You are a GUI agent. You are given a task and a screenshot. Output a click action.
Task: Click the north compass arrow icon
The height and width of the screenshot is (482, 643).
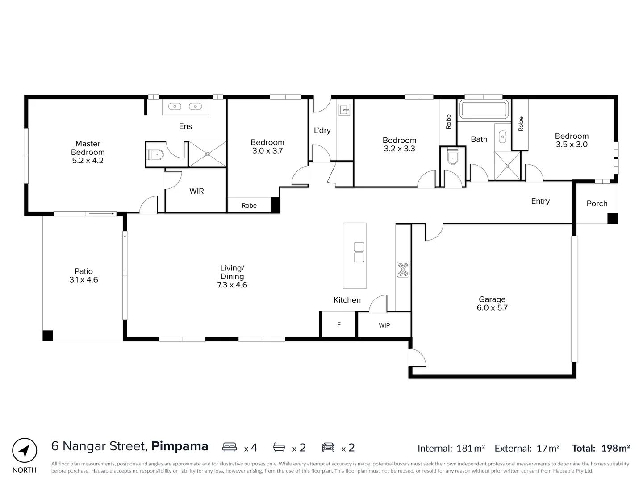coord(25,450)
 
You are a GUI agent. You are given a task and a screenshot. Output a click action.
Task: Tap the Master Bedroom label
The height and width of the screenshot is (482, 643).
coord(88,152)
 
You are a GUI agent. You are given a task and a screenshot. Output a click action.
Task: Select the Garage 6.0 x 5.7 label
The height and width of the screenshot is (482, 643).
coord(492,303)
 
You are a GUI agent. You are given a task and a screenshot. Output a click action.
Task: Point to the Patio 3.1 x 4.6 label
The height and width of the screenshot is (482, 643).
coord(84,275)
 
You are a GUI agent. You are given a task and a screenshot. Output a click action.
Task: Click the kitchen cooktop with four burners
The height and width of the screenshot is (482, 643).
coord(403,269)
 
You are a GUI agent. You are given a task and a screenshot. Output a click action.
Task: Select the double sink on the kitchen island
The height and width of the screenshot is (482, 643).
coord(359,252)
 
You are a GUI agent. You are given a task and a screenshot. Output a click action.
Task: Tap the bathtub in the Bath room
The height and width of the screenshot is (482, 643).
coord(484,110)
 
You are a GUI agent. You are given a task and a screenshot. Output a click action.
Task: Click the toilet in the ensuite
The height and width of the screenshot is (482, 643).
coord(155,155)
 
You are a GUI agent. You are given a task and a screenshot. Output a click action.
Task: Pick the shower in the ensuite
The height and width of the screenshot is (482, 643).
coord(207,154)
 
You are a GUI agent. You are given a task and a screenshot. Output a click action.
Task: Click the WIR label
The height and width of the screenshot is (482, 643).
coord(196,191)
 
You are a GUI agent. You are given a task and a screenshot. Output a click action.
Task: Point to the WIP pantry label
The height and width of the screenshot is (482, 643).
coord(384,325)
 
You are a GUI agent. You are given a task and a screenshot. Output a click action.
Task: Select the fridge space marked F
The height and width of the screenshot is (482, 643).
coord(338,324)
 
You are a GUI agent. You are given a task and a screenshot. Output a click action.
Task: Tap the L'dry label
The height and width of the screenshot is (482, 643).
coord(322,130)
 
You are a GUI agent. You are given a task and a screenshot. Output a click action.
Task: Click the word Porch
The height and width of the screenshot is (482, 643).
coord(597,204)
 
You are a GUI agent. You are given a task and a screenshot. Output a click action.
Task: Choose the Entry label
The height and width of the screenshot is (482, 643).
coord(540,201)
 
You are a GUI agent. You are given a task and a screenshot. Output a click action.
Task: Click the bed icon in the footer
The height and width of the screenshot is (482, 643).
coord(230,447)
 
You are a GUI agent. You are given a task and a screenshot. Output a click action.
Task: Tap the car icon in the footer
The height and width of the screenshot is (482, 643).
coord(328,447)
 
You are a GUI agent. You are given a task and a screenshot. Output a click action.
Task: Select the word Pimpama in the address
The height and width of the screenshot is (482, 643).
coord(180,446)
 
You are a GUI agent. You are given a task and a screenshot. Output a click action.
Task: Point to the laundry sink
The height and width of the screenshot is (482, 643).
coord(345,109)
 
